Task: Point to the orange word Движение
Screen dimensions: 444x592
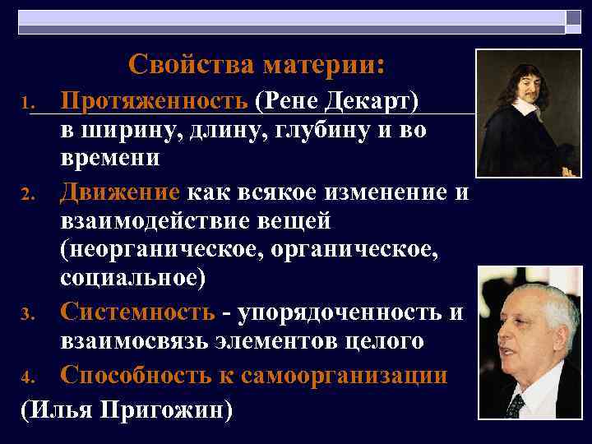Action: tap(120, 193)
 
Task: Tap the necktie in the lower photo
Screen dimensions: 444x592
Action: tap(516, 403)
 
